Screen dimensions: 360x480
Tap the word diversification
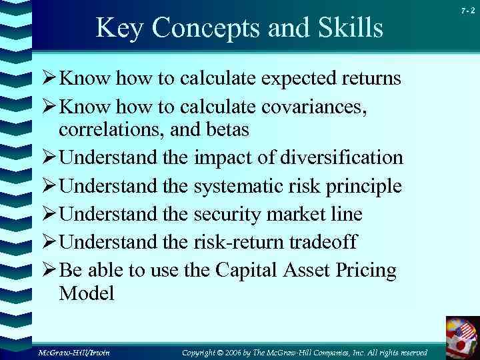341,157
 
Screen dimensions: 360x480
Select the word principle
363,186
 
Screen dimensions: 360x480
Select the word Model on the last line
86,293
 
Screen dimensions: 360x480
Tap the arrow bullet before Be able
50,271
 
